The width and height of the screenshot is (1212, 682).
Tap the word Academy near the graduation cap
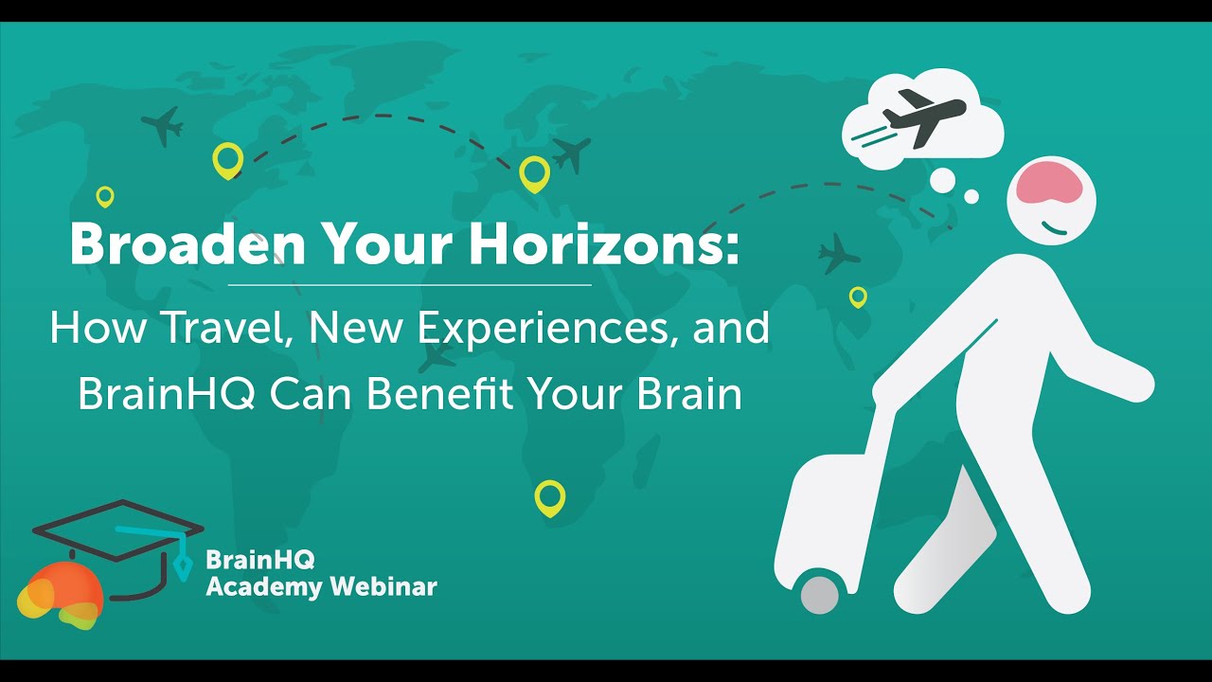coord(264,586)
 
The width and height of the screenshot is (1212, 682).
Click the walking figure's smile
coord(1054,227)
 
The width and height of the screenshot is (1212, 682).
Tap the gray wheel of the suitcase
coord(820,595)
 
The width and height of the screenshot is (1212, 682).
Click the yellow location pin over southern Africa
coord(549,496)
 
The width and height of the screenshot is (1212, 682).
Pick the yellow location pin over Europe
coord(534,173)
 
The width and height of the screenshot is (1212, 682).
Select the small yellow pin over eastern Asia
coord(858,296)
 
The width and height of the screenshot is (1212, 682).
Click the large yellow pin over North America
coord(227,159)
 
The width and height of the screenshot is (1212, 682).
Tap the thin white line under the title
coord(409,284)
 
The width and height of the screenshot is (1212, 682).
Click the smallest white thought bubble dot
coord(971,197)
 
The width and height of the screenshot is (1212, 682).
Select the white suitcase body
coord(824,516)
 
